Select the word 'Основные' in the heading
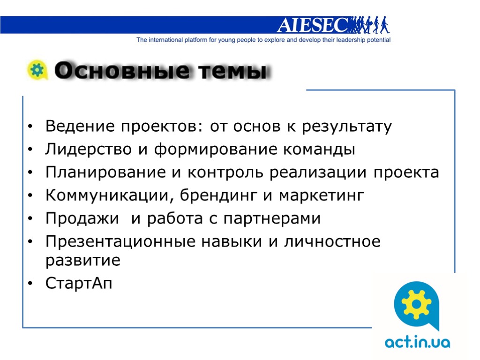pyautogui.click(x=121, y=71)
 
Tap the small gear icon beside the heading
pyautogui.click(x=37, y=70)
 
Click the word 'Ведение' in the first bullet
pyautogui.click(x=80, y=127)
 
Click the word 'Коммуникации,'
pyautogui.click(x=107, y=196)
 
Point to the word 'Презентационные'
pyautogui.click(x=120, y=242)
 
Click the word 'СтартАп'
pyautogui.click(x=79, y=284)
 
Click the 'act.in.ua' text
pyautogui.click(x=417, y=343)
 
